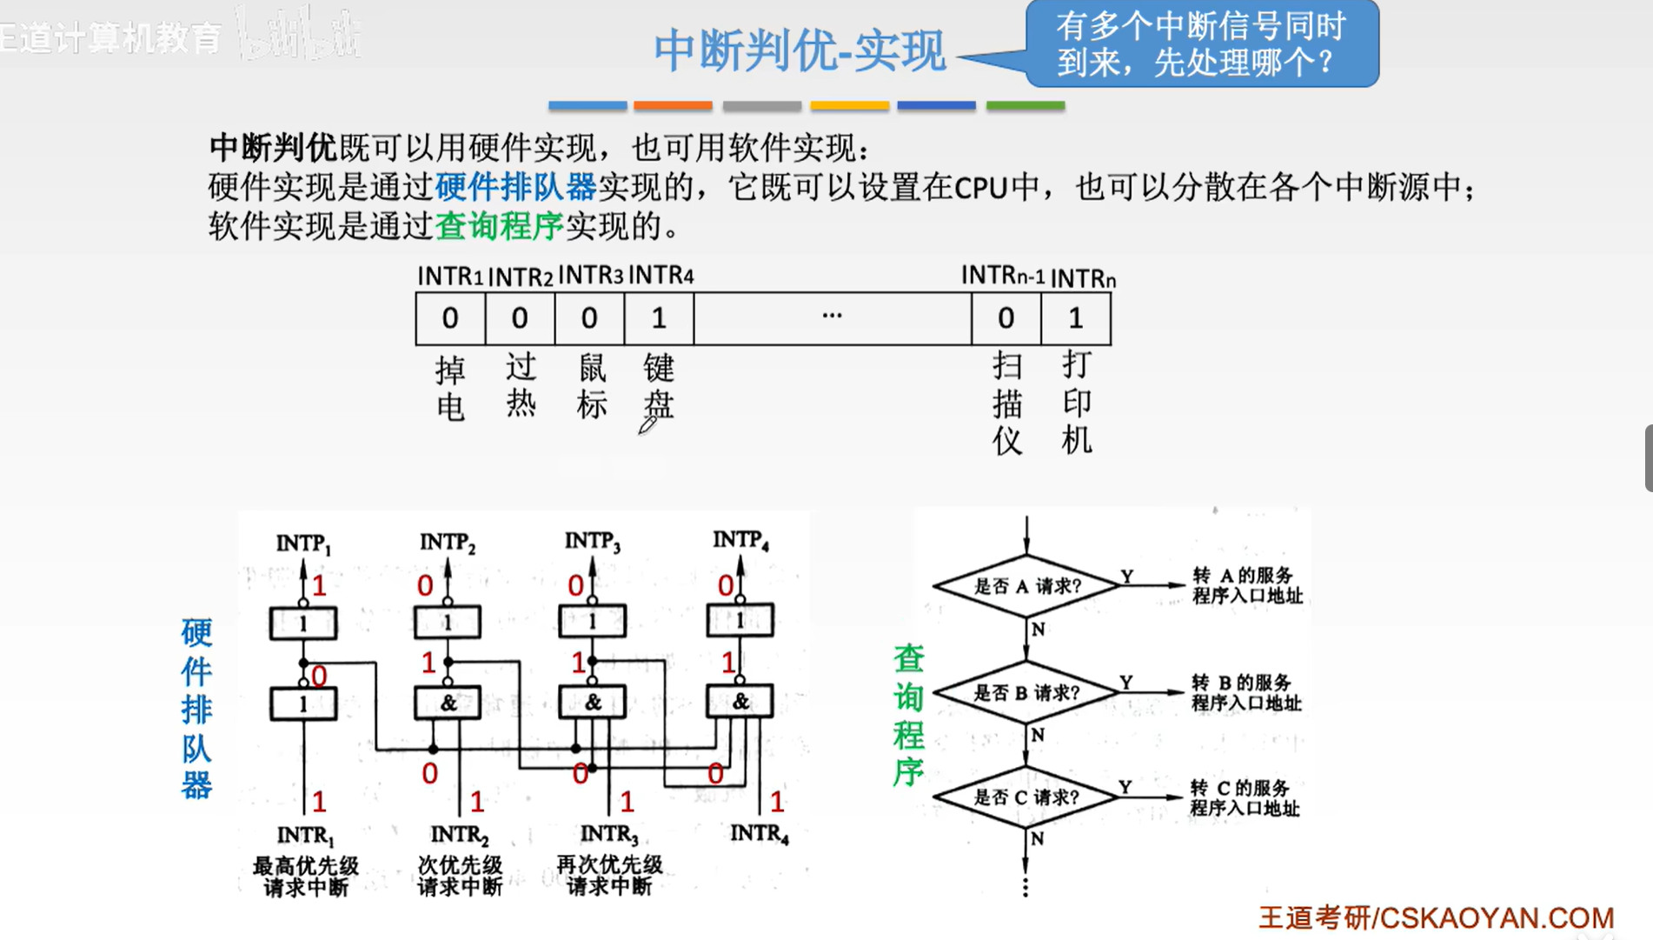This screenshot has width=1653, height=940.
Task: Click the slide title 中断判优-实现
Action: click(799, 50)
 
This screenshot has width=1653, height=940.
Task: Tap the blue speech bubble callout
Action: click(1201, 43)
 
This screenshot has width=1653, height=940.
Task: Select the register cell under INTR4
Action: click(659, 318)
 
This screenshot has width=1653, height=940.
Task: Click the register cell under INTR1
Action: click(450, 318)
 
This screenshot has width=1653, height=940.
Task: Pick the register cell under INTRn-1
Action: click(1006, 318)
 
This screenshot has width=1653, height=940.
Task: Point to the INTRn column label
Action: click(1083, 278)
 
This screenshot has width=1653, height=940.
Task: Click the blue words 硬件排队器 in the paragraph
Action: click(515, 187)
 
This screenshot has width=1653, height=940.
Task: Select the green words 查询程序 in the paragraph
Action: click(499, 226)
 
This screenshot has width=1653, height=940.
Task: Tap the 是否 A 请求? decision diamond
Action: click(1026, 586)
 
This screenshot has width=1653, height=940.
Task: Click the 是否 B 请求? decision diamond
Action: click(1026, 693)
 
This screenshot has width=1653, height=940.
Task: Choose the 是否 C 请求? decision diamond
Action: click(1026, 797)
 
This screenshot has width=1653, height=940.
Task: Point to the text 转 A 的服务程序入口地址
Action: click(1246, 585)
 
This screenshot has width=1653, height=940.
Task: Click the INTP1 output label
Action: click(303, 543)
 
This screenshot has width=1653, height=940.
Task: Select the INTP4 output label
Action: click(740, 540)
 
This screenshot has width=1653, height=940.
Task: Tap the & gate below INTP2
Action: click(448, 703)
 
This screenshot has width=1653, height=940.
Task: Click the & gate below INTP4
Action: click(740, 701)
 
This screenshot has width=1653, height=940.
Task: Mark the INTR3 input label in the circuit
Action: click(608, 834)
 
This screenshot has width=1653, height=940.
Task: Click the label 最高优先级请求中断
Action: click(305, 876)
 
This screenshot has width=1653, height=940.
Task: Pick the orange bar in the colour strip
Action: click(673, 105)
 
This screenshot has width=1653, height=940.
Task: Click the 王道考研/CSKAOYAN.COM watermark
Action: click(1436, 917)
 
